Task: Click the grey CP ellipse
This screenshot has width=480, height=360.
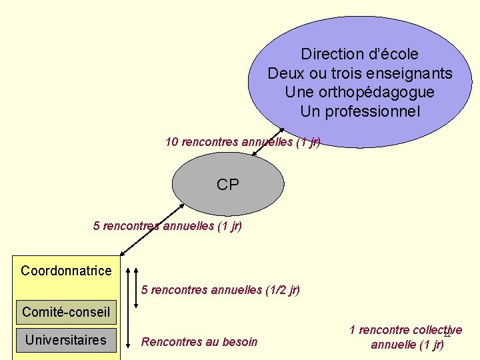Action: (227, 185)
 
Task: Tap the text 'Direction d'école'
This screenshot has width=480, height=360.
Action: (359, 54)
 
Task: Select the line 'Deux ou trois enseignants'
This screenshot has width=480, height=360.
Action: (359, 73)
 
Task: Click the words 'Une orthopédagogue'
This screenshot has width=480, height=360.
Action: (359, 92)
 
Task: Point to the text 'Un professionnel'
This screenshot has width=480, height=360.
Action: (359, 111)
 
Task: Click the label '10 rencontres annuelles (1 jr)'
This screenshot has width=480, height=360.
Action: (243, 141)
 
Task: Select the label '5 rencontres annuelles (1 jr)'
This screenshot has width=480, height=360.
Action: (167, 226)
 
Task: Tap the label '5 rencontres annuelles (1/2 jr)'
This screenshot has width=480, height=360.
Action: (221, 290)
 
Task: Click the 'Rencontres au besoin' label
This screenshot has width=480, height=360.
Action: (199, 342)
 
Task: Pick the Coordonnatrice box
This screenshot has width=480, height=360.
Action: (66, 271)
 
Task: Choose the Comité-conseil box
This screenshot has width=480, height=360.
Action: (66, 311)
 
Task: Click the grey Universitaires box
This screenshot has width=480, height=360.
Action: (66, 340)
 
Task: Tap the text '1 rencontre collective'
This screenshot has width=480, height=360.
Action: (405, 330)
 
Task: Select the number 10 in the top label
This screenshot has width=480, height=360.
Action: (171, 141)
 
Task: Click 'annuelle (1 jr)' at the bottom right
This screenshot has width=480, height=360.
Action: (407, 345)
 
